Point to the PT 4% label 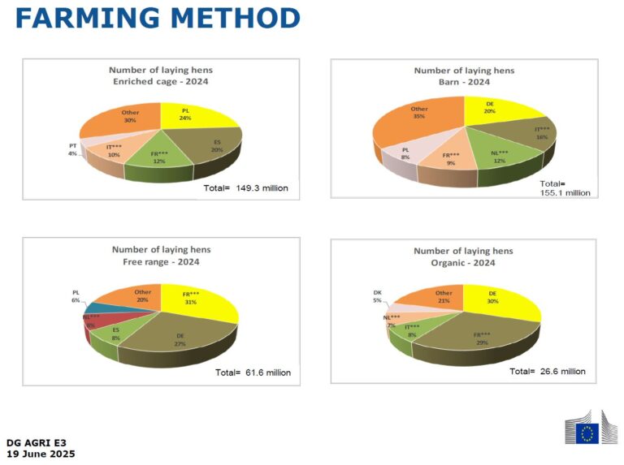pyautogui.click(x=73, y=150)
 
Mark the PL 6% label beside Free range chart pyautogui.click(x=76, y=296)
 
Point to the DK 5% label pyautogui.click(x=377, y=296)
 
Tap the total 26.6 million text pyautogui.click(x=547, y=371)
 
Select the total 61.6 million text pyautogui.click(x=253, y=372)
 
